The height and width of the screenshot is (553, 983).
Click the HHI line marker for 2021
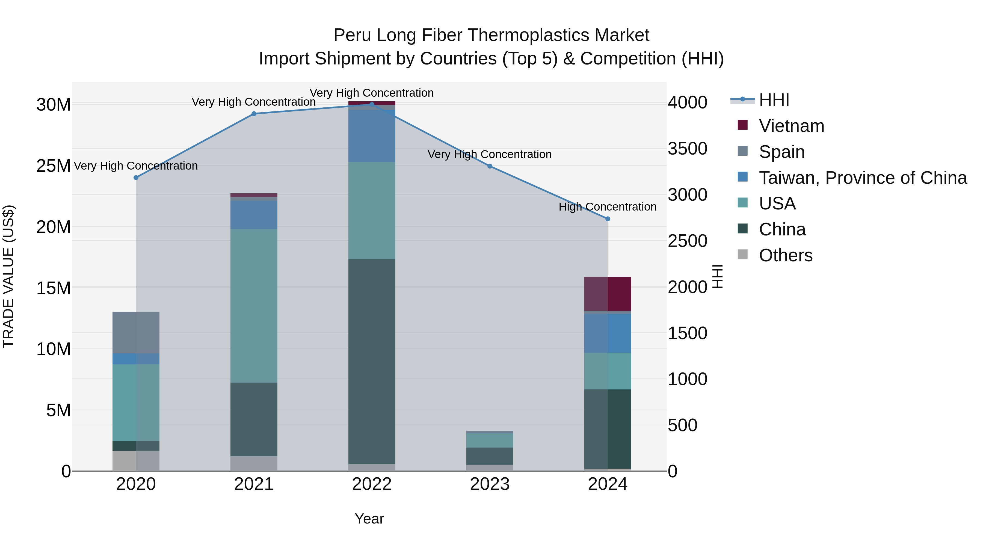tap(254, 114)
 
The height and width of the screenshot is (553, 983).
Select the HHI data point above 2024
tap(608, 219)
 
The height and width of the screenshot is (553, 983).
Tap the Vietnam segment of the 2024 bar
tap(608, 294)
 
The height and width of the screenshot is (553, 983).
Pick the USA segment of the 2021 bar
tap(254, 306)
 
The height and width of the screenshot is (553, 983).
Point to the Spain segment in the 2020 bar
tap(136, 333)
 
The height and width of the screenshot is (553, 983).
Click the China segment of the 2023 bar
tap(490, 456)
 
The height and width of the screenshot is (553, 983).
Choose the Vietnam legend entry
tap(791, 126)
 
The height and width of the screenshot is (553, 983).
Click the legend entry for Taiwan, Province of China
tap(862, 178)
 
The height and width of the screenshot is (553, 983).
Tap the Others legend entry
tap(785, 255)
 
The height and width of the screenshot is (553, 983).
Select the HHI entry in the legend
tap(774, 100)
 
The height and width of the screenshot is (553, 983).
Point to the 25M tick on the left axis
tap(54, 166)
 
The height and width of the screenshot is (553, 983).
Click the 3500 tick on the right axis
tap(687, 149)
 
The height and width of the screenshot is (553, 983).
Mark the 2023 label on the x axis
tap(490, 484)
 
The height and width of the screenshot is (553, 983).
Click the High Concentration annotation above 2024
tap(608, 207)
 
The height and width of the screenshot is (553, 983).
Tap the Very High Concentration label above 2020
tap(136, 166)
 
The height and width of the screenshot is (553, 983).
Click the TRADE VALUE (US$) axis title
tap(8, 276)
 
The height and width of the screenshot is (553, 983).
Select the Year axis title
tap(369, 519)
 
